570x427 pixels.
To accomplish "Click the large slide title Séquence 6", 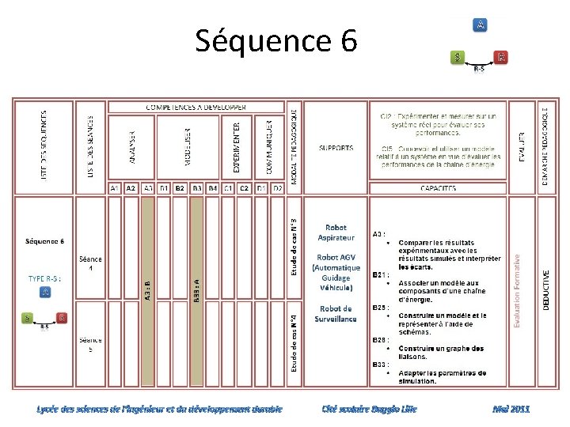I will coord(276,40).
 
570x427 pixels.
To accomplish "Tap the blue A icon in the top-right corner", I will coord(480,25).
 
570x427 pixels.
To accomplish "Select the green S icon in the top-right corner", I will coord(458,57).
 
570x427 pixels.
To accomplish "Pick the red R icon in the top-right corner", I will coord(500,57).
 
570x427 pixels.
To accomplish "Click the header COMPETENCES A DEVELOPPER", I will coord(196,107).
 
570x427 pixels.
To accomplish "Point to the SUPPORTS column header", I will coord(336,148).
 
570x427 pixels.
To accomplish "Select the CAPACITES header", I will coord(438,188).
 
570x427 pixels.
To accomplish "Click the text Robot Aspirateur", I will coord(336,232).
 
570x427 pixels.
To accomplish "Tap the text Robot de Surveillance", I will coord(336,314).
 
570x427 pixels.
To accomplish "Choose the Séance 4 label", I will coord(90,263).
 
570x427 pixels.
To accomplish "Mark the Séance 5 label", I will coord(90,345).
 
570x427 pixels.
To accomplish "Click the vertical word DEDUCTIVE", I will coord(546,290).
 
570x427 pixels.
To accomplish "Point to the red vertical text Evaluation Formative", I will coord(517,290).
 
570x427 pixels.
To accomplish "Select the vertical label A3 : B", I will coord(147,290).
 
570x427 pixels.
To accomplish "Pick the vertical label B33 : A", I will coord(196,290).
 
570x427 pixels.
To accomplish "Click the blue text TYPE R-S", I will coord(44,278).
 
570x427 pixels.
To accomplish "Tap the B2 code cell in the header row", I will coord(180,188).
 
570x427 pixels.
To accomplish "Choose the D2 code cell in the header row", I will coord(278,188).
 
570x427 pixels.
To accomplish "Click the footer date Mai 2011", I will coord(511,409).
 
